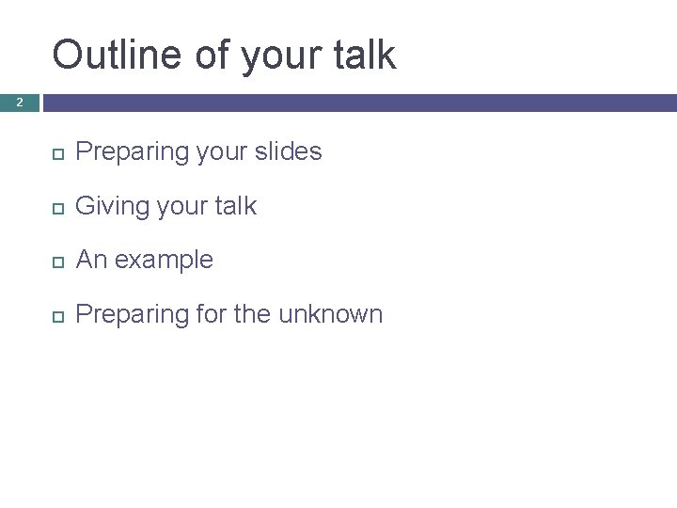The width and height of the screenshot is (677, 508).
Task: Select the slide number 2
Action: tap(19, 102)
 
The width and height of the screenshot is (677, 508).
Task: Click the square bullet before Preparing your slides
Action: tap(56, 152)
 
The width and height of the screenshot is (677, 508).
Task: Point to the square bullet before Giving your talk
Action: tap(56, 206)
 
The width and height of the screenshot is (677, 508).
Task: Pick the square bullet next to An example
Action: tap(56, 261)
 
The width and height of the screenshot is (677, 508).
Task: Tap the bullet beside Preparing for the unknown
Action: tap(56, 314)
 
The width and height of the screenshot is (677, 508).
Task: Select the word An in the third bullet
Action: tap(89, 260)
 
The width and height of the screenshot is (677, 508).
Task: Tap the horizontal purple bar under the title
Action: tap(357, 102)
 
